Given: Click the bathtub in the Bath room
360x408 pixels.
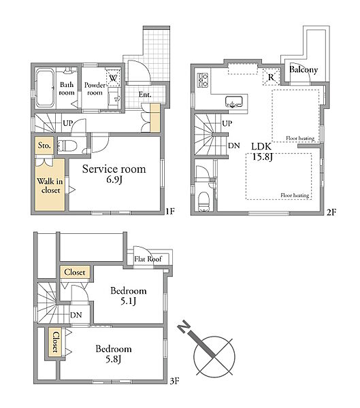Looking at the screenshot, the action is tap(45, 88).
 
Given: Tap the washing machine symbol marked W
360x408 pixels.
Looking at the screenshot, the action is tap(113, 78).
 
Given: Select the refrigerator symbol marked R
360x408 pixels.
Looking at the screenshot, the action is tap(271, 77).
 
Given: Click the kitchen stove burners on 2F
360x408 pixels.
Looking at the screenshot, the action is tap(203, 80).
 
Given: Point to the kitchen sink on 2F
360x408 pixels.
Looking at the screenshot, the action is tap(234, 101).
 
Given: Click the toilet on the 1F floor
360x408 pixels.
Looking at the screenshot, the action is tap(67, 146).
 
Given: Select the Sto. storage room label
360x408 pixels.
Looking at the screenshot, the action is tap(44, 146).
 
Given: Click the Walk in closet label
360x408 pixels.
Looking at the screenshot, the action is tap(50, 186).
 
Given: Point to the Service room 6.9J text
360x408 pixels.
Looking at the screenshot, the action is tap(114, 174).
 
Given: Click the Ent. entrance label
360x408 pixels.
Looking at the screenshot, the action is tap(144, 95).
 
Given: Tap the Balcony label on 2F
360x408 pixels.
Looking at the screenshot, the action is tap(304, 70).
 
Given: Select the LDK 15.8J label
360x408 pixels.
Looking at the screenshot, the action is tap(262, 152).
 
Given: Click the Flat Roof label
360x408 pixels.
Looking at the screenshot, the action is tap(148, 259).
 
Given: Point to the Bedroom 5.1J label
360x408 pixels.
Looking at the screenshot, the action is tap(129, 296).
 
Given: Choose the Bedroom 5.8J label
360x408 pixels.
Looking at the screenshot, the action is tap(114, 354).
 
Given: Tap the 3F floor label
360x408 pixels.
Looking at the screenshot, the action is tap(175, 381).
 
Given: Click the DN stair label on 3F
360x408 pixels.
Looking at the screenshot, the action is tap(76, 315).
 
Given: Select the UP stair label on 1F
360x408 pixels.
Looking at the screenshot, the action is tap(68, 123).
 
